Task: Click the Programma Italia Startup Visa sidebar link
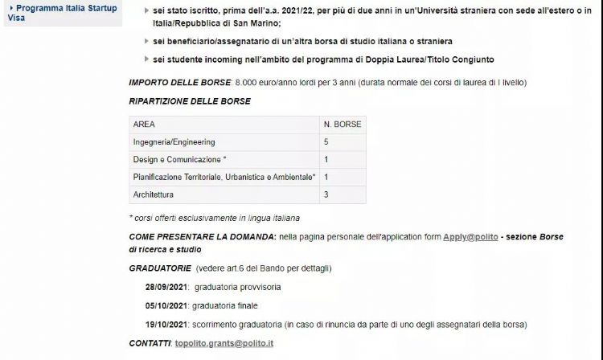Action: (x=63, y=12)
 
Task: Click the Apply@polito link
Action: (x=470, y=238)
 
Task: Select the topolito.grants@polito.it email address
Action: (x=224, y=343)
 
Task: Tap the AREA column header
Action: (x=145, y=125)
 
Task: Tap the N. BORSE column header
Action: (x=343, y=125)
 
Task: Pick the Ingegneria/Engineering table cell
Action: (x=174, y=142)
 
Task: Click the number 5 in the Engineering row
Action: (x=326, y=142)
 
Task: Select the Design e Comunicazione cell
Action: (x=180, y=159)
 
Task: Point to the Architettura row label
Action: (x=154, y=194)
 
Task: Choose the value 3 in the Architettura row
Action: (x=326, y=194)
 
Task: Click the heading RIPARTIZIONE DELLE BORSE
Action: (x=190, y=101)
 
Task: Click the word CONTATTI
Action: (x=150, y=343)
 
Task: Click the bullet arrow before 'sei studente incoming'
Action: (x=146, y=59)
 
